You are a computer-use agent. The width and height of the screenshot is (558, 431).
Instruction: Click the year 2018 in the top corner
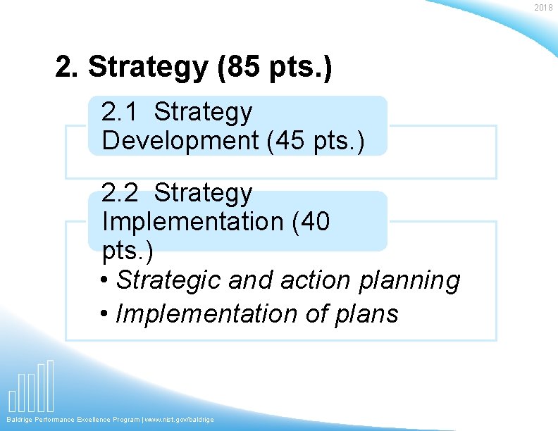click(x=543, y=8)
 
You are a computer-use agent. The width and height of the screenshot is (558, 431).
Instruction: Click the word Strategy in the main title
click(x=149, y=68)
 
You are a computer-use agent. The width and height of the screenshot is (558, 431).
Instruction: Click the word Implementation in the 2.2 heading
click(x=192, y=222)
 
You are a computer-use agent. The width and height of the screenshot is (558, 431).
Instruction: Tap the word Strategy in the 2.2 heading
click(x=203, y=192)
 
